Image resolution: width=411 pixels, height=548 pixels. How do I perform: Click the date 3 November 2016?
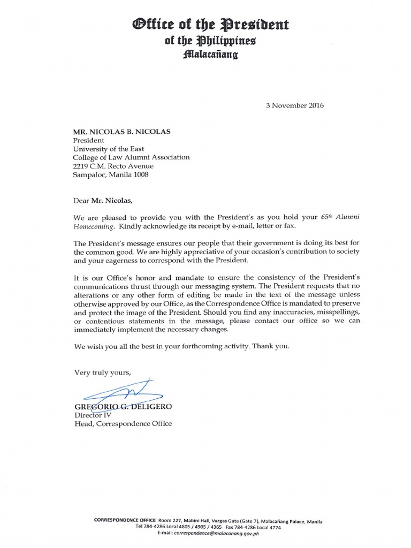294,105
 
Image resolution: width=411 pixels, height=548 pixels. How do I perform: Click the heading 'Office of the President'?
205,25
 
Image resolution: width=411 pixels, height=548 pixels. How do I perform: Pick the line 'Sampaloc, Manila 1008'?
111,174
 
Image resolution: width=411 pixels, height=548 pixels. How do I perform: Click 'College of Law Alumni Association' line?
131,157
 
